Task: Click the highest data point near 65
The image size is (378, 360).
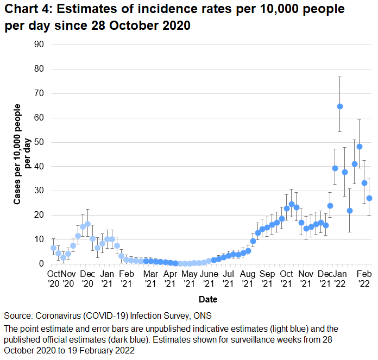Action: point(340,106)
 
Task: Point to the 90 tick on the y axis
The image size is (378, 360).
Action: point(39,45)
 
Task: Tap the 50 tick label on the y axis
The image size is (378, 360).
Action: point(39,142)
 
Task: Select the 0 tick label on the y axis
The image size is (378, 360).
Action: point(41,264)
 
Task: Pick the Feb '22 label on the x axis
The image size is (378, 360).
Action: point(364,278)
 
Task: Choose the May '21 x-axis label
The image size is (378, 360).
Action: point(189,278)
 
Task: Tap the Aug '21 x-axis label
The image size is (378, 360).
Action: point(248,278)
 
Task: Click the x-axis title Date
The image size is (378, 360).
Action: point(209,299)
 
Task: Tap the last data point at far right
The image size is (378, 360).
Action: point(369,198)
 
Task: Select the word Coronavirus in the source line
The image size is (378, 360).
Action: point(59,316)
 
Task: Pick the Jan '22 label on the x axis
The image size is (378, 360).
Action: point(339,278)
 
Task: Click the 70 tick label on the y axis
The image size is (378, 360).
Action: point(39,93)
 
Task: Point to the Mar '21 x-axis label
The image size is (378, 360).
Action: point(150,278)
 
